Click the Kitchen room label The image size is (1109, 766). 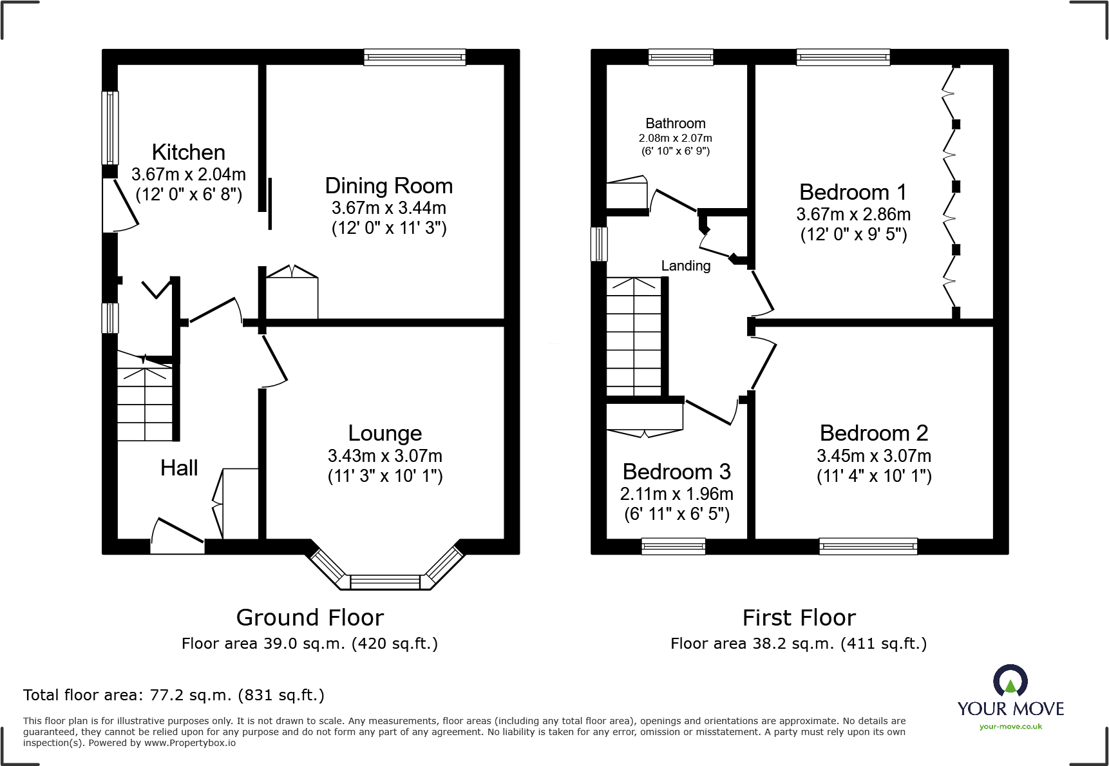coord(189,153)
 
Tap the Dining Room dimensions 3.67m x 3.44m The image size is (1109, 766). coord(388,208)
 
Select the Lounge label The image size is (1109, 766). coord(385,434)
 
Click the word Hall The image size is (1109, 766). coord(179,468)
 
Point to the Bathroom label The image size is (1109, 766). coord(676,124)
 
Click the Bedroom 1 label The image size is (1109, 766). coord(853,193)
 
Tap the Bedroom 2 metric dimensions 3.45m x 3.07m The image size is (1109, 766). coord(874,456)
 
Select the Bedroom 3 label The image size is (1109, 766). coord(676,472)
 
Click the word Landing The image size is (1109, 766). coord(686,266)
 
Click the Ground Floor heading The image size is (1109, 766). coord(310,618)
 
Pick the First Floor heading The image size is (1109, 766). coord(799,618)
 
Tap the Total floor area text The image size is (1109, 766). coord(174,695)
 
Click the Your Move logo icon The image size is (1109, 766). coord(1010,681)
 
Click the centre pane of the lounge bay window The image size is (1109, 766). coord(385,582)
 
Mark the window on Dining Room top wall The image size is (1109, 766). coord(414,58)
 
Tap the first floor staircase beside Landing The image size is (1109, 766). coord(634,336)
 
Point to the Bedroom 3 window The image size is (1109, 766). coord(673,546)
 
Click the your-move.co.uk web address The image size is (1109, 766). coord(1010,727)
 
